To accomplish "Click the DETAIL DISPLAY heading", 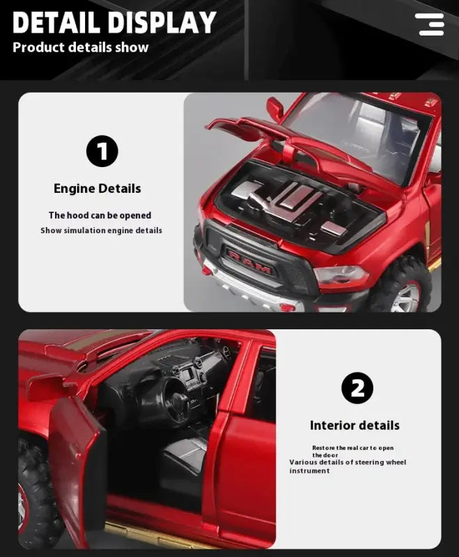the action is point(114,22).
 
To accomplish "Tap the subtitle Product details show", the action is point(81,47).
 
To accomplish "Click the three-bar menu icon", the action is point(430,24).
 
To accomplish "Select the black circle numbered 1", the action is point(102,151).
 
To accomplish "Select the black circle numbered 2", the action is point(357,388).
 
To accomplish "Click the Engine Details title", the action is point(98,188).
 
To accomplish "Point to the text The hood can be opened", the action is point(100,215).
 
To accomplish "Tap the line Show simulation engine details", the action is point(101,230).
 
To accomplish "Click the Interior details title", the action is point(355,425).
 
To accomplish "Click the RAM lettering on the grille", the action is point(250,262).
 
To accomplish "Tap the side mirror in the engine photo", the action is point(275,108).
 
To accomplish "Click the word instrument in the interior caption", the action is point(309,471).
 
